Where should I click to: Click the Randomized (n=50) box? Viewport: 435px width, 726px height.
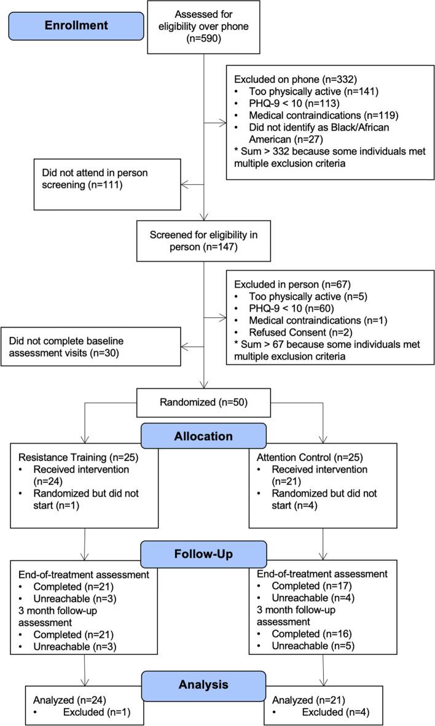(x=204, y=404)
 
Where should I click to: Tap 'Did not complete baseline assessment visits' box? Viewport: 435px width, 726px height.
(x=91, y=346)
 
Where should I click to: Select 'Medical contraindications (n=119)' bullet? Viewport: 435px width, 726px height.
(x=316, y=114)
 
